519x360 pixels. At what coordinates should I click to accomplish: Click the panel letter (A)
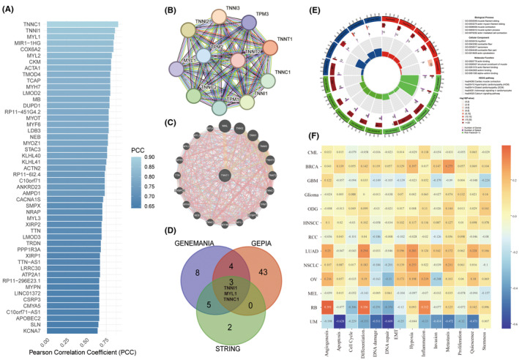(x=12, y=10)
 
